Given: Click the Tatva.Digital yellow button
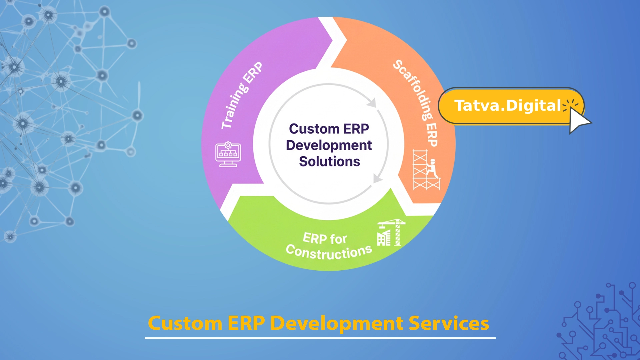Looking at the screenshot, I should coord(507,106).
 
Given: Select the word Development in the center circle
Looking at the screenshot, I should coord(329,145).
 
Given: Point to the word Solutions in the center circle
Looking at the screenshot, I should coord(329,162).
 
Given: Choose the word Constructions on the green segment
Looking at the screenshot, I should coord(329,253).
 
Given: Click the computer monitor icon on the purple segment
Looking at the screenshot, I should coord(228,154).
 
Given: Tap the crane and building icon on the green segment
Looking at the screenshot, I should coord(390,233).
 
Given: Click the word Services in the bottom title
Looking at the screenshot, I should coord(449,323).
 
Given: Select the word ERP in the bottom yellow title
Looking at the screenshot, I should coord(246,323).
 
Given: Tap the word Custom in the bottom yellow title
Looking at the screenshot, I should coord(185,323).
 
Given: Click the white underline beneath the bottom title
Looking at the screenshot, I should coord(320,338).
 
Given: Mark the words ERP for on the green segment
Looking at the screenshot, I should coord(325,239).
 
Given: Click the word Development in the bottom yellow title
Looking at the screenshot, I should coord(337,323).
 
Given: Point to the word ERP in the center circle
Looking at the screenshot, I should coord(356,129).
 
